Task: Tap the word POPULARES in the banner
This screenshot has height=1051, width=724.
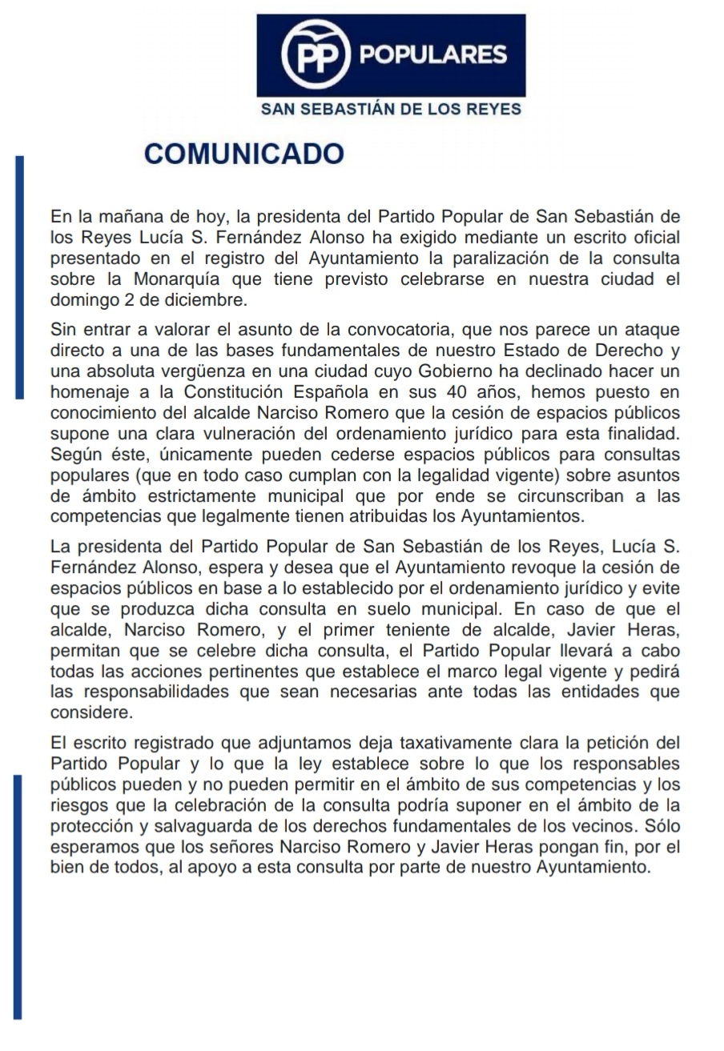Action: coord(433,55)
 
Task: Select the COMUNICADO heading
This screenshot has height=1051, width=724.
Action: coord(243,154)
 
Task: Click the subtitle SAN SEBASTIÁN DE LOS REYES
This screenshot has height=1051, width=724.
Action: coord(391,110)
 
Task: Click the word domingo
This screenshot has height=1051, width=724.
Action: coord(83,301)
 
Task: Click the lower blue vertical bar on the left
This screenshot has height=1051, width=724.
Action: coord(18,897)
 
